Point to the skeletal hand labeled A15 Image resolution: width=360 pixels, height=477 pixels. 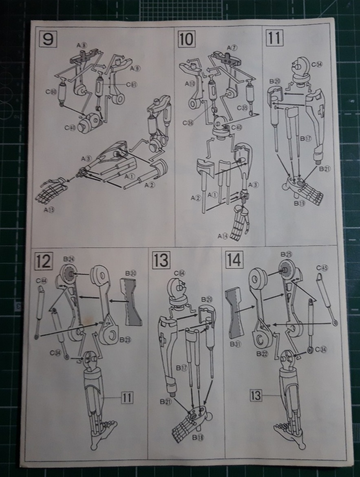[51, 190]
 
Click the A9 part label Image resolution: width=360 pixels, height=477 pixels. [135, 68]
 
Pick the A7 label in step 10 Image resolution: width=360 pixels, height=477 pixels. [232, 48]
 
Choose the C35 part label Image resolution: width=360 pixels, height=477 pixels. [242, 108]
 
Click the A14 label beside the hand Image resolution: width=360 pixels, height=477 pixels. [223, 236]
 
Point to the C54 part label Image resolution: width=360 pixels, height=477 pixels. [316, 64]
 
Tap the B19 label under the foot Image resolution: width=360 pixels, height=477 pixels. [300, 204]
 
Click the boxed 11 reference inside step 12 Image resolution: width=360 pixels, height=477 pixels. [128, 397]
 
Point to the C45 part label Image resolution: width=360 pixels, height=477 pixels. [322, 267]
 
